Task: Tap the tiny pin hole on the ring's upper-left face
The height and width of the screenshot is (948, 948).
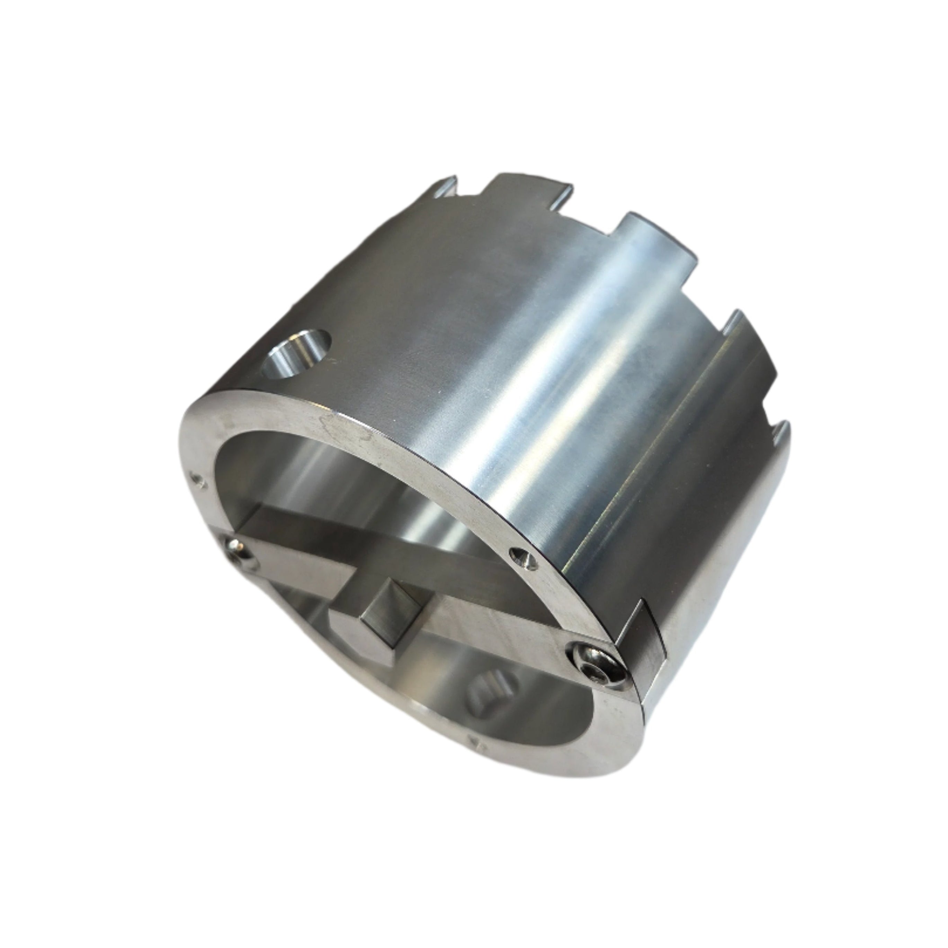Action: pyautogui.click(x=197, y=477)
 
